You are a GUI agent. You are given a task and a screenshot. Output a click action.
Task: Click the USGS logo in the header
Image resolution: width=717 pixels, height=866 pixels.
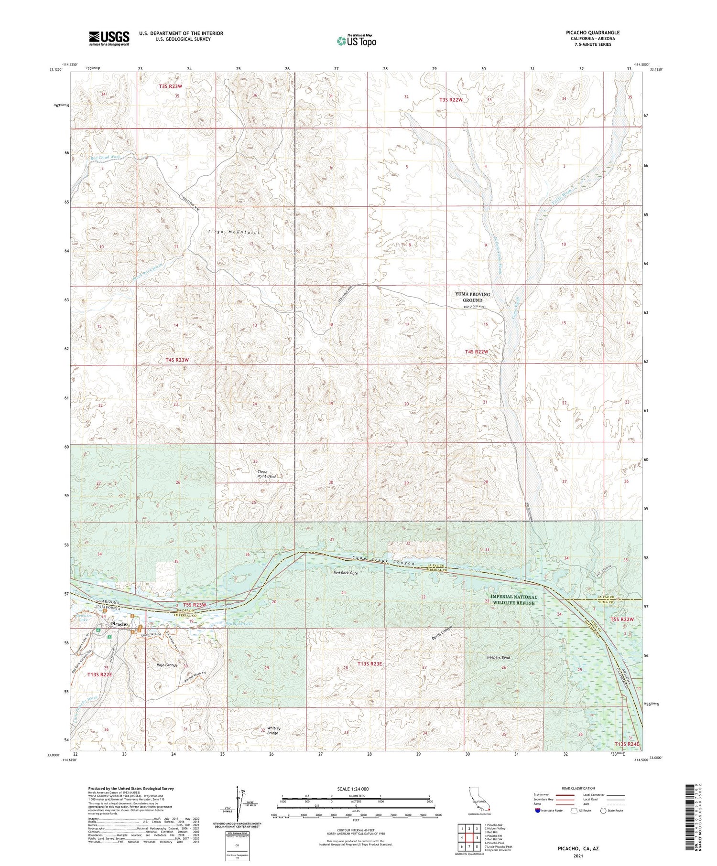109,38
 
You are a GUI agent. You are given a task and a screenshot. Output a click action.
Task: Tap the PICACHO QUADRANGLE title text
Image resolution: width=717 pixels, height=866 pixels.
592,32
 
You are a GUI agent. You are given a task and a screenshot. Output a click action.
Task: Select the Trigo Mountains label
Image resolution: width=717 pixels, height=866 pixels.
234,232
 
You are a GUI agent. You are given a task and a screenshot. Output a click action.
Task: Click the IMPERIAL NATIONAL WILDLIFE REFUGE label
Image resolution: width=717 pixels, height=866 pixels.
513,599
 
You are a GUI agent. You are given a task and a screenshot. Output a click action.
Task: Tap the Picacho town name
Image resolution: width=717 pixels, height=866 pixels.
119,624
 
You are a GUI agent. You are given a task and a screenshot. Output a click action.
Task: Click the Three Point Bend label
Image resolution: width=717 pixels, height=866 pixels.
266,474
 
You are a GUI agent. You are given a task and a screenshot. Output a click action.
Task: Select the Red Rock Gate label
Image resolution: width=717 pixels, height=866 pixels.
346,572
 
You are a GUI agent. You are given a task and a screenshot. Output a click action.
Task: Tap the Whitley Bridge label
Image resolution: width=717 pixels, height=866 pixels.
273,730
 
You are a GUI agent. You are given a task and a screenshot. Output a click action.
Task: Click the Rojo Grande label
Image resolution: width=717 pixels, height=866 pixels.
167,665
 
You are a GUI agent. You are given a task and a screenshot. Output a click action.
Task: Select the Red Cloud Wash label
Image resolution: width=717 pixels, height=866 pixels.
105,157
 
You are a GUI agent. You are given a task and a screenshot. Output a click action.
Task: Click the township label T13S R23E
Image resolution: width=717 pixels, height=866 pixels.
370,664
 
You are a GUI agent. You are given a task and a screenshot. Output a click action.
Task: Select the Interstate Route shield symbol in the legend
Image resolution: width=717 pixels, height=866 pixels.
538,810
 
